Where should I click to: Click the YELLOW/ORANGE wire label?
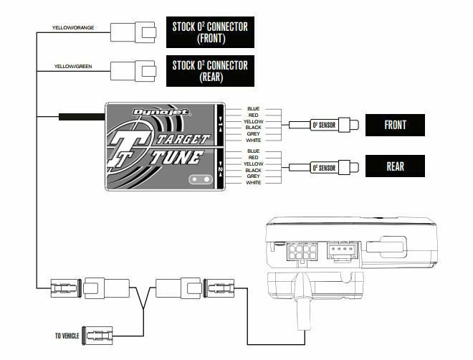[x=73, y=28]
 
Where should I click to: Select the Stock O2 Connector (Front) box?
[x=209, y=32]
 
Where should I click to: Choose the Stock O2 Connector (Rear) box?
[x=209, y=70]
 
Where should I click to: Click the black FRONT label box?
[x=395, y=125]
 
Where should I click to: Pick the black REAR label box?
[x=395, y=166]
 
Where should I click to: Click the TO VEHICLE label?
[x=67, y=335]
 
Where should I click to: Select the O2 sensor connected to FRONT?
[x=323, y=125]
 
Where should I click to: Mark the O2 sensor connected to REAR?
[x=323, y=168]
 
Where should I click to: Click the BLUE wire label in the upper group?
[x=253, y=109]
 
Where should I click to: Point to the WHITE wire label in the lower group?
[x=253, y=183]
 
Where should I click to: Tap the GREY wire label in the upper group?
[x=253, y=134]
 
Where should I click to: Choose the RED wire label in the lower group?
[x=253, y=158]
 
